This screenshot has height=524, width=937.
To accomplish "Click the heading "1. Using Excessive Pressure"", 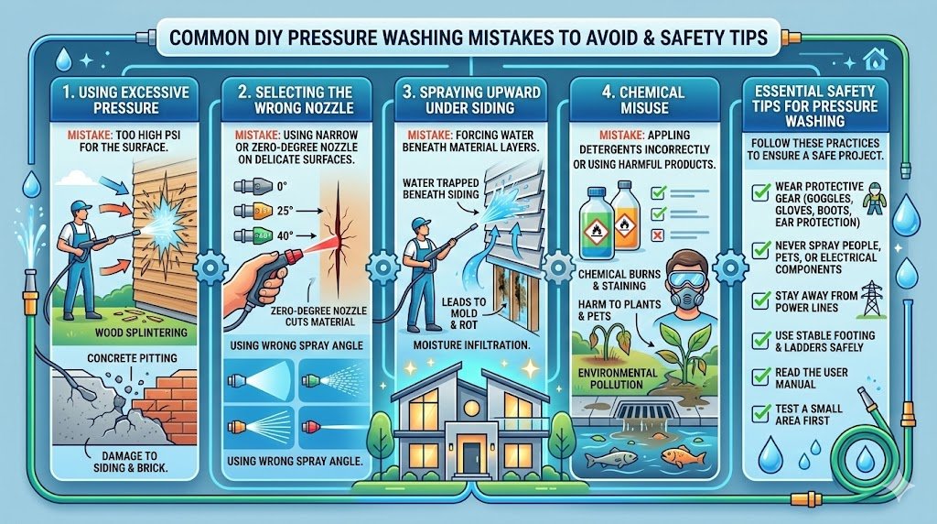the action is [x=125, y=100].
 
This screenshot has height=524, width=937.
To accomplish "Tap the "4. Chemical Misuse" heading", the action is [x=644, y=100].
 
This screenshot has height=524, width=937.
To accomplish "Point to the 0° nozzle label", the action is [x=282, y=186].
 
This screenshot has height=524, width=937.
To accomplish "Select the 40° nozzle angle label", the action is [x=285, y=235].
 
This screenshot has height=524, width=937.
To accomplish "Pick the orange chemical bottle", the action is [x=625, y=215].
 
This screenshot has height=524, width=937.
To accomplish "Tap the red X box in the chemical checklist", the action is [x=657, y=235].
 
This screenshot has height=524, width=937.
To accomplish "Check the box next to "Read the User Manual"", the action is [x=760, y=377].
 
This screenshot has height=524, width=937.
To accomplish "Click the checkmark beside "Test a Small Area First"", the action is [x=760, y=413].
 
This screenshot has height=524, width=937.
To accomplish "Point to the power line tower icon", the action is [x=872, y=298].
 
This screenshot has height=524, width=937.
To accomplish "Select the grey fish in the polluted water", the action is [x=605, y=459].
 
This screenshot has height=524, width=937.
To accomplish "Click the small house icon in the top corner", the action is [x=876, y=60].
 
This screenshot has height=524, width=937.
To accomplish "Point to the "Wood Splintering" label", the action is [x=141, y=333].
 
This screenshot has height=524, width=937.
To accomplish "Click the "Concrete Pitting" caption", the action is [x=132, y=358].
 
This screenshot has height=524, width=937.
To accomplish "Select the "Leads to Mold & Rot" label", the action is [x=464, y=313].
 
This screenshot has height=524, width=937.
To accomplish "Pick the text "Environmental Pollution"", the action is [x=618, y=378].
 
